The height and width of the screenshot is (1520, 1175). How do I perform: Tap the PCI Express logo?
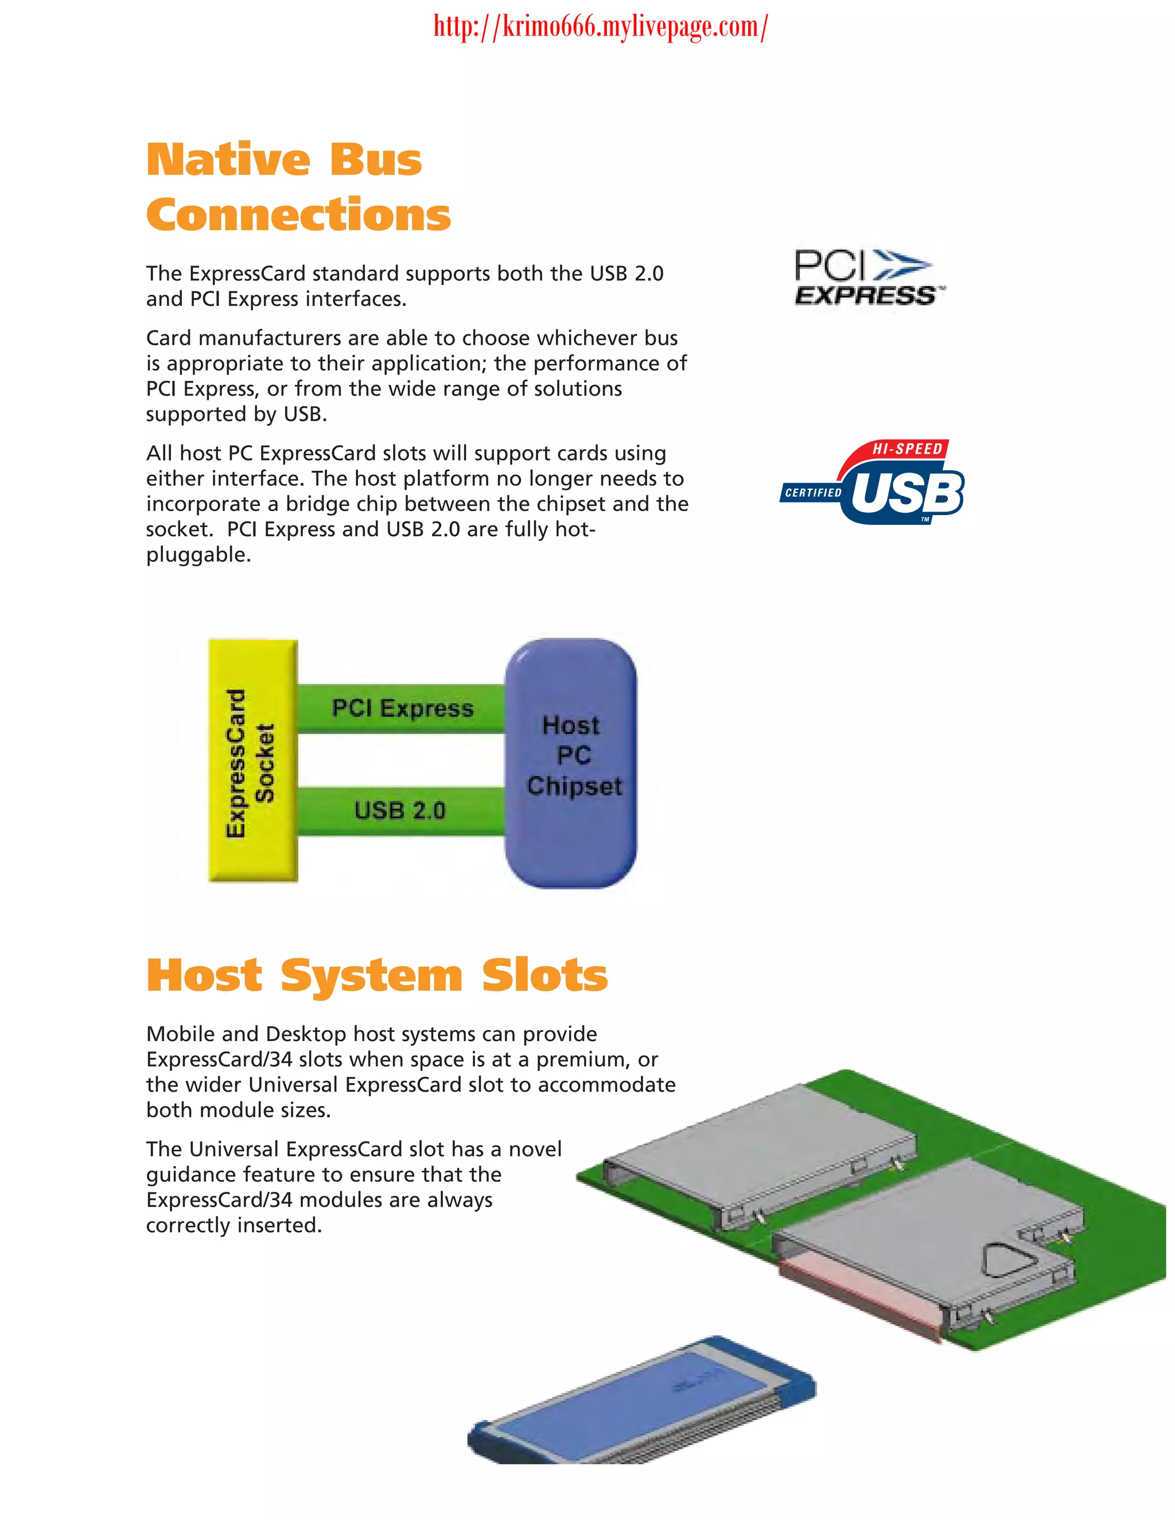[867, 277]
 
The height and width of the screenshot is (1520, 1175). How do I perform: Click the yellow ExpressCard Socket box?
[252, 761]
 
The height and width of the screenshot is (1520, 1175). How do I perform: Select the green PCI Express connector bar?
[402, 708]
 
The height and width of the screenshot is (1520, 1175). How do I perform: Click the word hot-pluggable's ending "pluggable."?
[199, 555]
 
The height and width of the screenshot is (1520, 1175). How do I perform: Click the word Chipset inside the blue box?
[574, 786]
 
